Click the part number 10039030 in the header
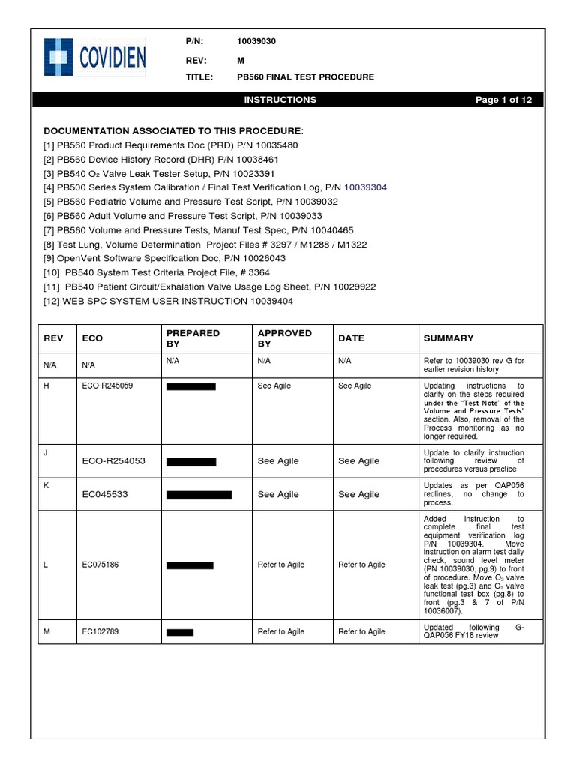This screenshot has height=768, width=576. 256,42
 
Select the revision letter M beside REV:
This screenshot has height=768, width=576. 241,60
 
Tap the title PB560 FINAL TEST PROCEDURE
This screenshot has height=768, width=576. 305,77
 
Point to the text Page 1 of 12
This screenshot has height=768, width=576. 504,100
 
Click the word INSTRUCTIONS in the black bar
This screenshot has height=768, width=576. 280,100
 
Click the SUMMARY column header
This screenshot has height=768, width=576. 448,338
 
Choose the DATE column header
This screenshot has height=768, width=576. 351,338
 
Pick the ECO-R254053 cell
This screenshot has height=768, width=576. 113,461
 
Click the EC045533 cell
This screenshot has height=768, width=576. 106,495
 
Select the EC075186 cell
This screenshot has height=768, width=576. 100,565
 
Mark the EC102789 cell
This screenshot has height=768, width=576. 100,632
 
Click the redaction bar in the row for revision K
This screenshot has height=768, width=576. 199,495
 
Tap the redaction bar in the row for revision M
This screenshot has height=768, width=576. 180,633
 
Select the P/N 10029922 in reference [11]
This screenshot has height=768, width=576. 353,286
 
